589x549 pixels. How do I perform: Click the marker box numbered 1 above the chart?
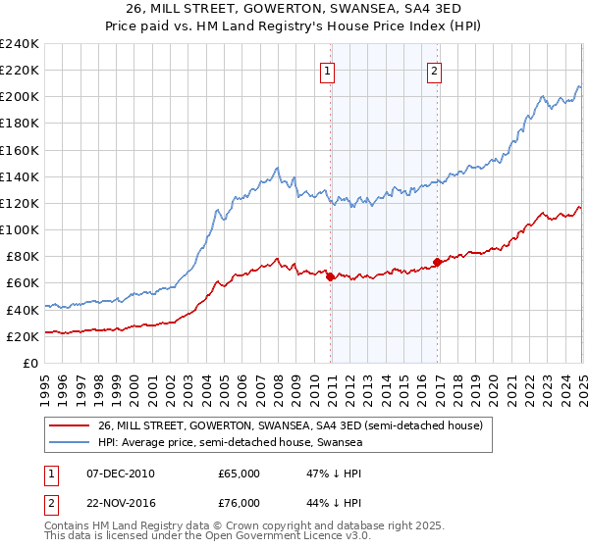tap(325, 70)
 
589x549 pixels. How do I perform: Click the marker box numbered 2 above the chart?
tap(433, 70)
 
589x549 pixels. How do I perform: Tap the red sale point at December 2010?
tap(331, 276)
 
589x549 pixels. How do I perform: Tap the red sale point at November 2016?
tap(437, 262)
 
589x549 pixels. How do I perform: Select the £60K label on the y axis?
tap(22, 282)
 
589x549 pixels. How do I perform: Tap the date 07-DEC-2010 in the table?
tap(119, 474)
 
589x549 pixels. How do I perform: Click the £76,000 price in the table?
tap(239, 504)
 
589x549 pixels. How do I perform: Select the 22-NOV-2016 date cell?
tap(120, 504)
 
